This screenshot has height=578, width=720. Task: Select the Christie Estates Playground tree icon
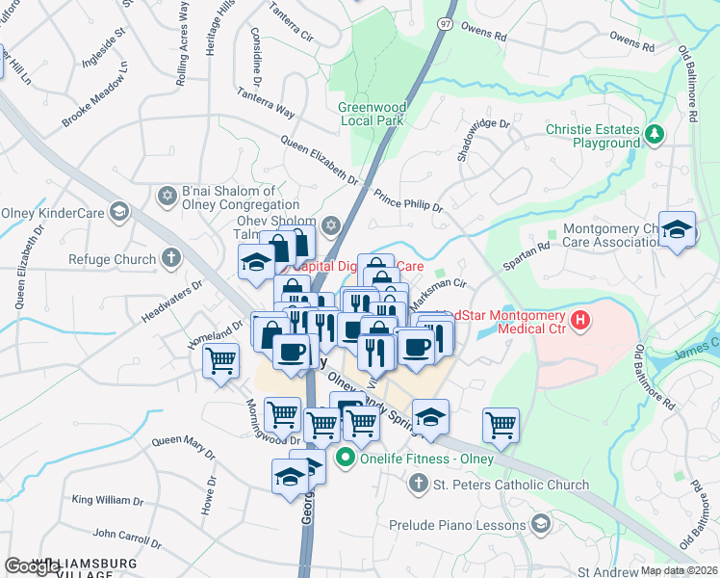point(655,134)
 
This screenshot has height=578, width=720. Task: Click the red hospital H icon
point(580,320)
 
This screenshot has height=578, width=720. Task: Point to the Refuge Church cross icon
point(170,258)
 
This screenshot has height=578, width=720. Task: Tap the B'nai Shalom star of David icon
point(167,197)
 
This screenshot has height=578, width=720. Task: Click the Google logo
point(32,566)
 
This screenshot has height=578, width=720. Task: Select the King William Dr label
point(107,500)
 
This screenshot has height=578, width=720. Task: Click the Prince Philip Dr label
point(408,199)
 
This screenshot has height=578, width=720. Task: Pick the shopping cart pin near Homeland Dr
point(221,361)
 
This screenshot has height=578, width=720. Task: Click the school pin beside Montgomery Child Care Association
point(678,228)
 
